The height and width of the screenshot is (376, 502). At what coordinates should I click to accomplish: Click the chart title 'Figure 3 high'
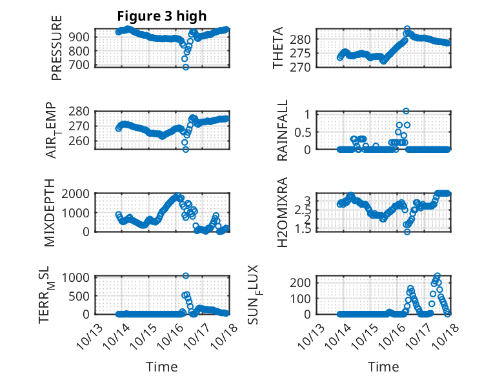pyautogui.click(x=161, y=16)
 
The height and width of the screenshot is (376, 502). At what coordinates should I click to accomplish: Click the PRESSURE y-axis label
pyautogui.click(x=57, y=48)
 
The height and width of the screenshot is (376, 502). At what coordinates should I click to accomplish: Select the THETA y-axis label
pyautogui.click(x=278, y=48)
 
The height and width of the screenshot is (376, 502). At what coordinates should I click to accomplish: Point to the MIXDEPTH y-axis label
pyautogui.click(x=50, y=213)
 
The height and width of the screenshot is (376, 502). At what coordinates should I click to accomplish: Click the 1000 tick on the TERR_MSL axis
pyautogui.click(x=79, y=277)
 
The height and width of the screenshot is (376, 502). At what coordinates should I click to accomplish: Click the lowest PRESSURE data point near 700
pyautogui.click(x=186, y=66)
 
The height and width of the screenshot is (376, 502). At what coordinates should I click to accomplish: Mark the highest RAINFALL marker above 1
pyautogui.click(x=406, y=111)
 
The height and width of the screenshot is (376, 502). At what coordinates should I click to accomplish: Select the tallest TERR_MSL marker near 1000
pyautogui.click(x=186, y=275)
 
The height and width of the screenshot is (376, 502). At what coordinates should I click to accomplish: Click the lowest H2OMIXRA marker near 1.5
pyautogui.click(x=407, y=231)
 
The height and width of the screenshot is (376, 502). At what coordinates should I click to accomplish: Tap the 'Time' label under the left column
pyautogui.click(x=161, y=366)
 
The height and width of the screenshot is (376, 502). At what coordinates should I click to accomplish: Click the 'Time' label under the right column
pyautogui.click(x=383, y=366)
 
